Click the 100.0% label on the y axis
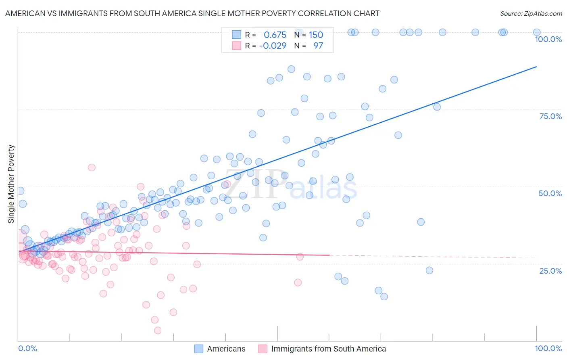pyautogui.click(x=548, y=39)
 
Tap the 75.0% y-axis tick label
pyautogui.click(x=550, y=116)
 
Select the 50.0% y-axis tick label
pyautogui.click(x=550, y=193)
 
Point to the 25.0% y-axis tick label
pyautogui.click(x=550, y=271)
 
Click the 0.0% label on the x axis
pyautogui.click(x=27, y=348)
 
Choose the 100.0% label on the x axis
pyautogui.click(x=548, y=348)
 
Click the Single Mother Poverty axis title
pyautogui.click(x=11, y=184)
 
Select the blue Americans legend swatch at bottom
pyautogui.click(x=198, y=349)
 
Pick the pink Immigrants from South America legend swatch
pyautogui.click(x=263, y=349)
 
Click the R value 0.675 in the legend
pyautogui.click(x=275, y=35)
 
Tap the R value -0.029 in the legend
pyautogui.click(x=273, y=46)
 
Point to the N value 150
pyautogui.click(x=316, y=35)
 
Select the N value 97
pyautogui.click(x=318, y=46)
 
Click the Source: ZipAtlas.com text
pyautogui.click(x=531, y=13)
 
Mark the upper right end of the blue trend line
pyautogui.click(x=536, y=67)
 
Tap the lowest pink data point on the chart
pyautogui.click(x=158, y=331)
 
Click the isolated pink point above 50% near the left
pyautogui.click(x=92, y=167)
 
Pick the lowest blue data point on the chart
pyautogui.click(x=384, y=297)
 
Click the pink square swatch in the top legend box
pyautogui.click(x=236, y=46)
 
